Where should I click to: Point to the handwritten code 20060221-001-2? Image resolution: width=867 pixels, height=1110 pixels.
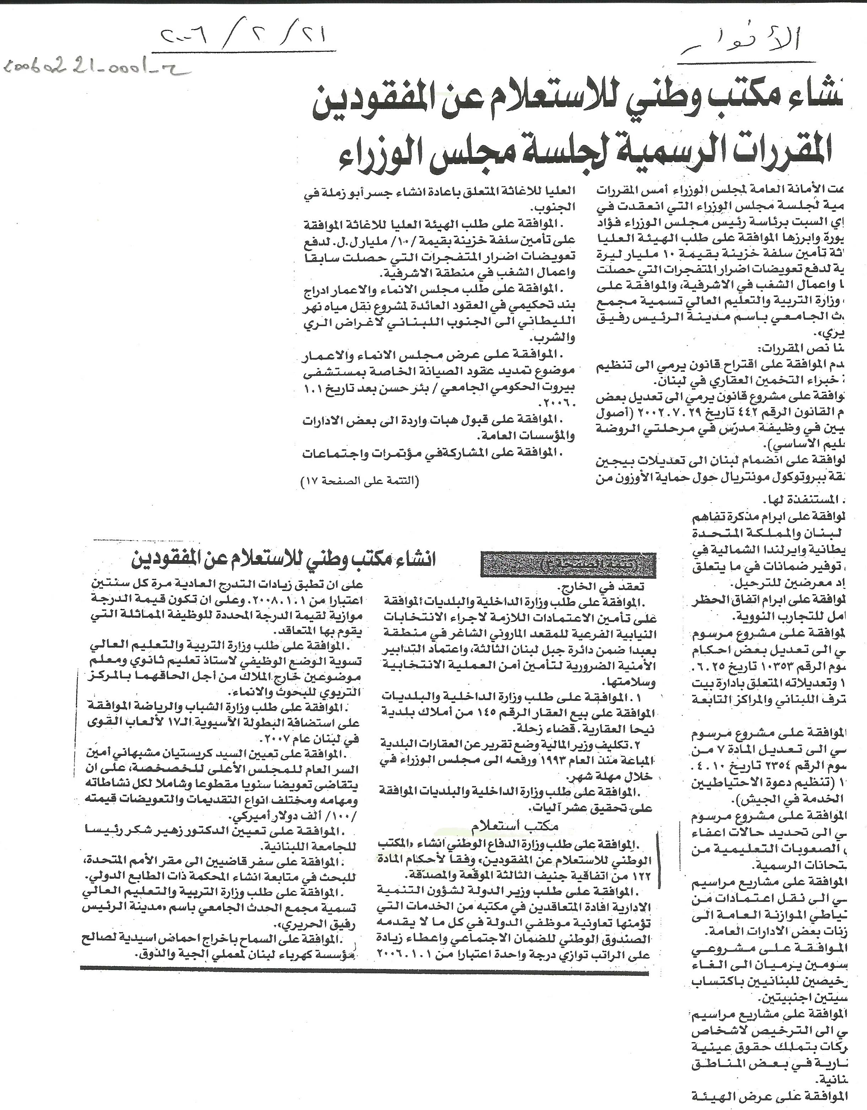(x=94, y=70)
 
